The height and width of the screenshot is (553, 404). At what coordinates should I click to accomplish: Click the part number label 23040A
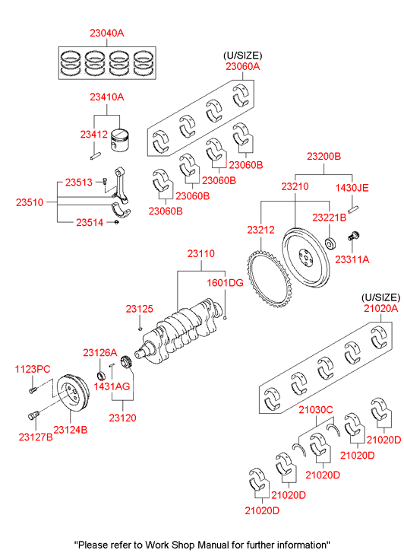107,33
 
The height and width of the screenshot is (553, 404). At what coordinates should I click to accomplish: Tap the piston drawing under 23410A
120,141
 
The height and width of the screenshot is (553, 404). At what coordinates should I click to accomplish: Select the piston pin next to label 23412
96,155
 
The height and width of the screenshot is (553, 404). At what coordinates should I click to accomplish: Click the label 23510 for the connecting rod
30,202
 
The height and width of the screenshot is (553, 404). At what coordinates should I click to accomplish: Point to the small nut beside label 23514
117,222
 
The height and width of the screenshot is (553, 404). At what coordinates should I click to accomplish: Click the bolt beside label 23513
105,182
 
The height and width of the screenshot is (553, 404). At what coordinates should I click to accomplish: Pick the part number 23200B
324,156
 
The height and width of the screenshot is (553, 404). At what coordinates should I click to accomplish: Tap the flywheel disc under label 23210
306,257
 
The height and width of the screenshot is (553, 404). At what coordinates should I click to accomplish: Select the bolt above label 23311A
353,236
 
